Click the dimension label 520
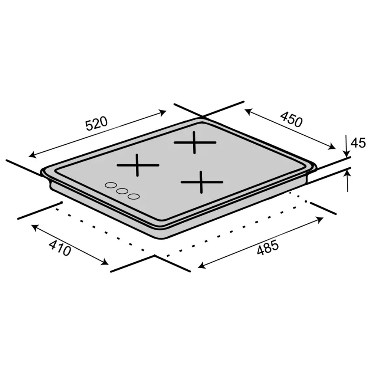(96, 124)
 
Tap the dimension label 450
(291, 119)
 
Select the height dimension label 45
(358, 143)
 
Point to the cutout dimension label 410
(60, 248)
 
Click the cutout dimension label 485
(268, 247)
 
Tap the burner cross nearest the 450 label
(195, 142)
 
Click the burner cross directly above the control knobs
(138, 165)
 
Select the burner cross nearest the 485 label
(201, 182)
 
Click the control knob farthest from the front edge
(111, 185)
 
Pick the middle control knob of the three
(122, 191)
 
